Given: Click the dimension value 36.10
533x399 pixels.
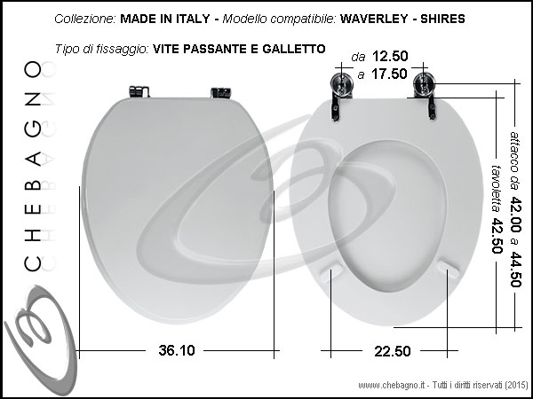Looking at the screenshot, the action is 177,350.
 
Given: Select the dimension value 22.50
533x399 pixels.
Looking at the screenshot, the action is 393,351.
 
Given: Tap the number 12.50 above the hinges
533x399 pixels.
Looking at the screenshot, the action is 390,57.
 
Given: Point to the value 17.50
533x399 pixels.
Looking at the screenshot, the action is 389,74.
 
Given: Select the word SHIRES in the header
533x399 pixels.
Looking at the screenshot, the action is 442,19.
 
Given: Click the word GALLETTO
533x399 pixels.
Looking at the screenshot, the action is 294,49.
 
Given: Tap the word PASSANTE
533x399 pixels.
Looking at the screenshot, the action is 216,49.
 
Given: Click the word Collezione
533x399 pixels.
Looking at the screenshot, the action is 85,19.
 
